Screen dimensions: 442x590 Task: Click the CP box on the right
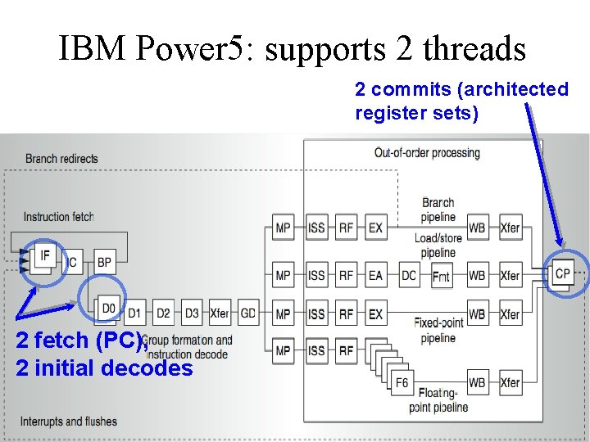point(562,273)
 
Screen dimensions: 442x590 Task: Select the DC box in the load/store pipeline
point(409,276)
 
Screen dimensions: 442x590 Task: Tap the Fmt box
point(442,277)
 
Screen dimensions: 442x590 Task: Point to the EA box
point(375,276)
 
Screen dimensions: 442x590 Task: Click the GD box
point(247,313)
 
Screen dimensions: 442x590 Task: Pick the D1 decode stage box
point(135,313)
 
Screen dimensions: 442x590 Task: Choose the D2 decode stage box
point(164,313)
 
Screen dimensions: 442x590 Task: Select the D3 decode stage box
point(192,313)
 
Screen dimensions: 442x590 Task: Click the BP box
point(104,262)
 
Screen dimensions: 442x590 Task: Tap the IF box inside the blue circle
point(45,256)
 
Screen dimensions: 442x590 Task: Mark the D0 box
point(108,309)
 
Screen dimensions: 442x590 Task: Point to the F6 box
point(402,382)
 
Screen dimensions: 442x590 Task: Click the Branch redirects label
point(61,159)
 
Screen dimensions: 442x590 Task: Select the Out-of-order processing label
point(427,153)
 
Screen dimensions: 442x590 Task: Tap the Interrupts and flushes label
point(69,422)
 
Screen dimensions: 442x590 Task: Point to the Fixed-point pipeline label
point(438,330)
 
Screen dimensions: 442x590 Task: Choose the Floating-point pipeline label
point(438,400)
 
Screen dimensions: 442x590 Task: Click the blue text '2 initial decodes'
point(104,368)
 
